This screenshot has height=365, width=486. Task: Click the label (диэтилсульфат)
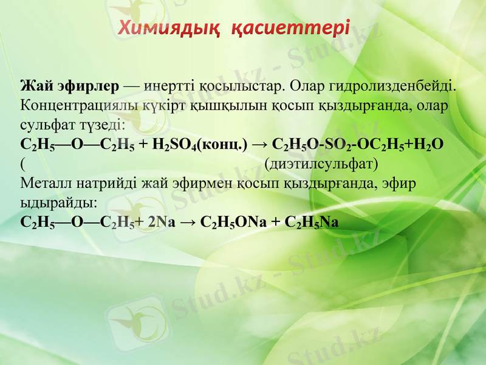click(x=321, y=164)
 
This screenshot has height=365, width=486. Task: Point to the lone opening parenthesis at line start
click(x=22, y=164)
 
